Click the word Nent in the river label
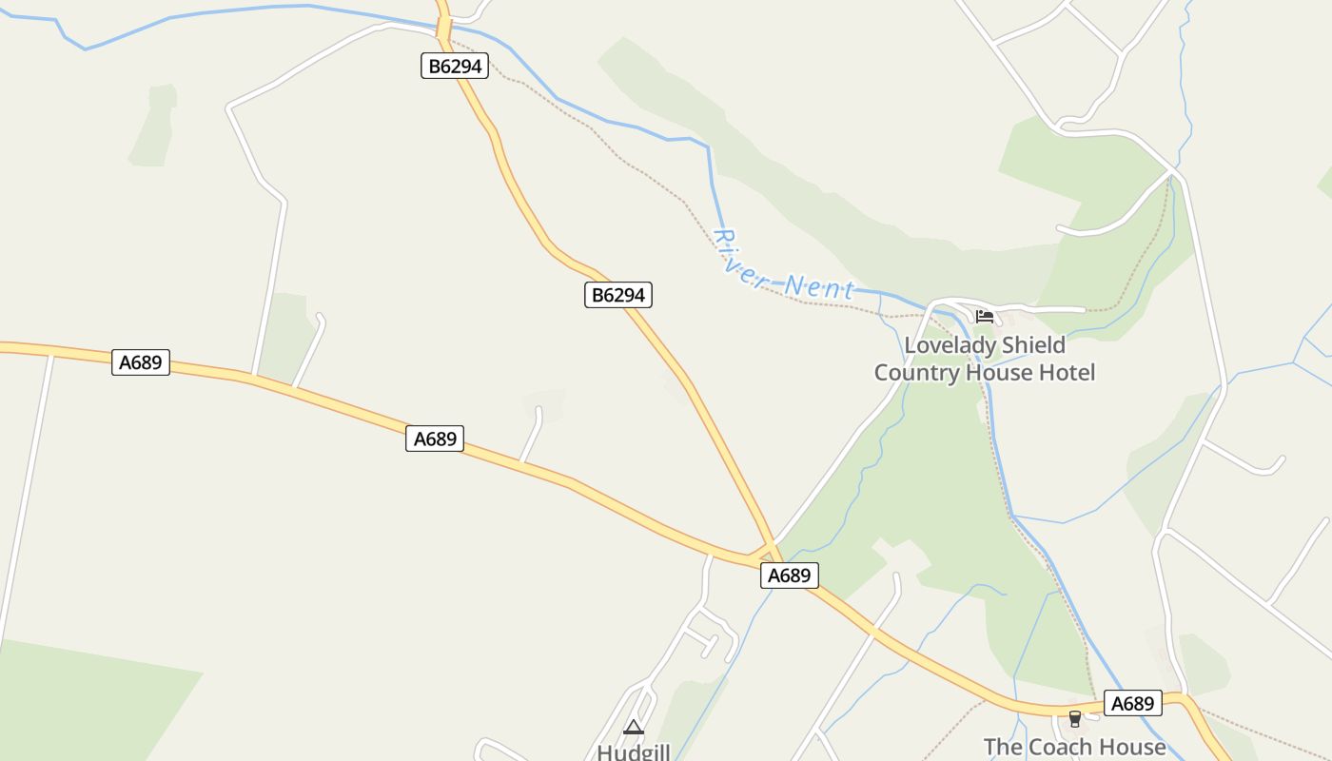point(819,285)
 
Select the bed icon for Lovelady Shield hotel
point(984,316)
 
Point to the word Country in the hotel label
point(916,372)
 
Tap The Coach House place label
point(1074,748)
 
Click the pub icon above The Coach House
point(1075,718)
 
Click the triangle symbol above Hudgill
point(634,728)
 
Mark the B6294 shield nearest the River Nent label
point(618,295)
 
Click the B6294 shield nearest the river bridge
point(455,66)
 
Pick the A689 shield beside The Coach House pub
point(1133,703)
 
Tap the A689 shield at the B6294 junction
point(789,575)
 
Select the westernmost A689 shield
point(141,361)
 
